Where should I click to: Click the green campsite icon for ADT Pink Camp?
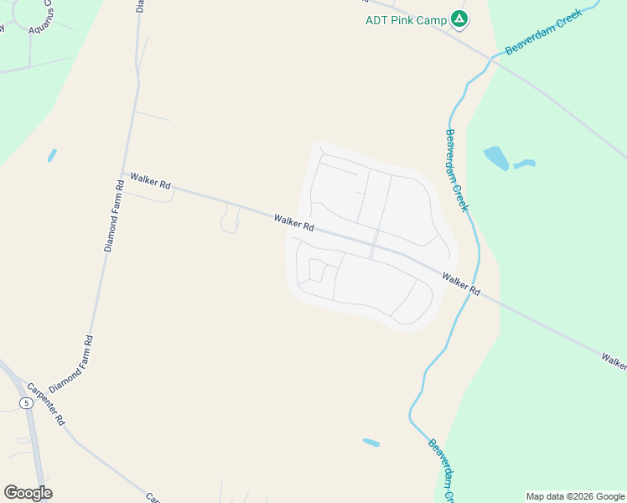pos(459,18)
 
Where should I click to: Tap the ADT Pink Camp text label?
pos(406,20)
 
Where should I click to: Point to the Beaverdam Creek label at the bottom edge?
pos(441,471)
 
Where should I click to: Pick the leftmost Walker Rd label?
pos(150,180)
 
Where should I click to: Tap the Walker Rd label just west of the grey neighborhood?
pos(293,222)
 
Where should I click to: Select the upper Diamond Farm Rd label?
pos(115,215)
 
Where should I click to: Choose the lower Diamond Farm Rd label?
pos(70,365)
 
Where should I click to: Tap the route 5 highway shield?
pos(27,403)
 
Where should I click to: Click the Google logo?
pos(28,493)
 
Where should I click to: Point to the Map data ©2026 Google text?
pos(575,496)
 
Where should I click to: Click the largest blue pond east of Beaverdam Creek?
pos(495,158)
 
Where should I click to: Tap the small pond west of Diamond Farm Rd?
pos(52,155)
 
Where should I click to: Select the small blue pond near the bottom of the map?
pos(370,442)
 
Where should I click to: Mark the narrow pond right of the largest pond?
pos(525,163)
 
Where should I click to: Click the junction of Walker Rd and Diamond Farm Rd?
pos(125,174)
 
